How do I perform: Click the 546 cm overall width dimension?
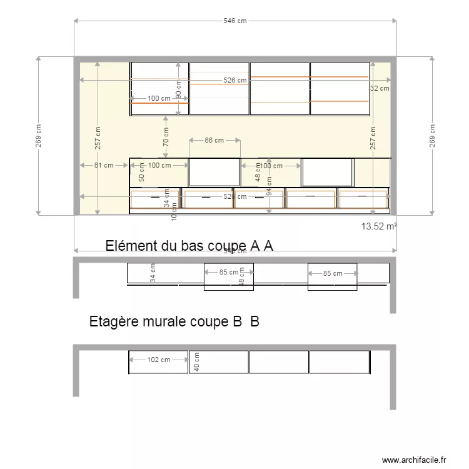coord(235,21)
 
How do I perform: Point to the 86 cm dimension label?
coord(214,141)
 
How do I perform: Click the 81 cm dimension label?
coord(104,166)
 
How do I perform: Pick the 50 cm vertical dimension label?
coord(141,173)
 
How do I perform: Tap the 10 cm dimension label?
coord(174,214)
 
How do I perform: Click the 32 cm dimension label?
coord(380,89)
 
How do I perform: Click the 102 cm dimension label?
coord(159,360)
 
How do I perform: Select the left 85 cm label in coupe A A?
coord(229,273)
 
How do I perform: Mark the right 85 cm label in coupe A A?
coord(333,273)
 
